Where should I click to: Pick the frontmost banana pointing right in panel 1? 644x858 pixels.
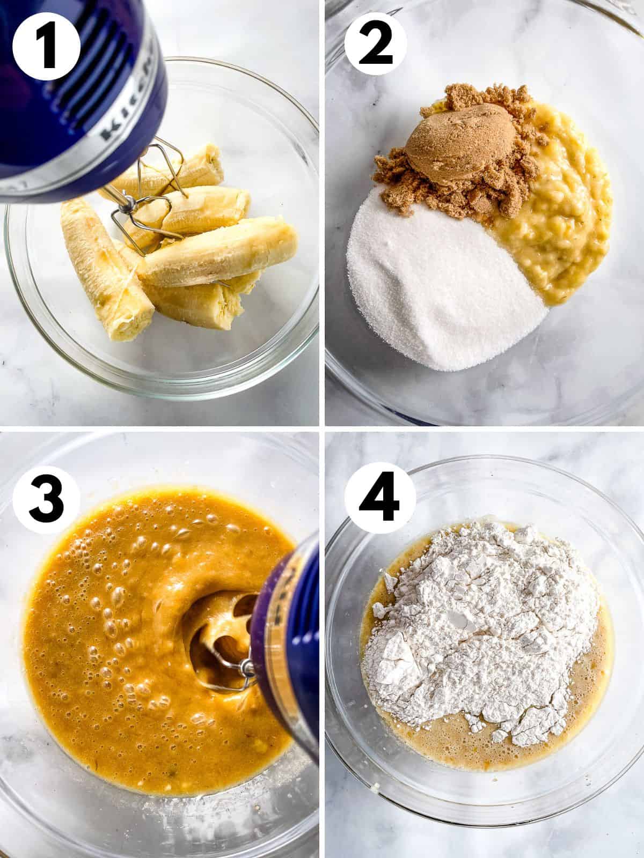pyautogui.click(x=220, y=252)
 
